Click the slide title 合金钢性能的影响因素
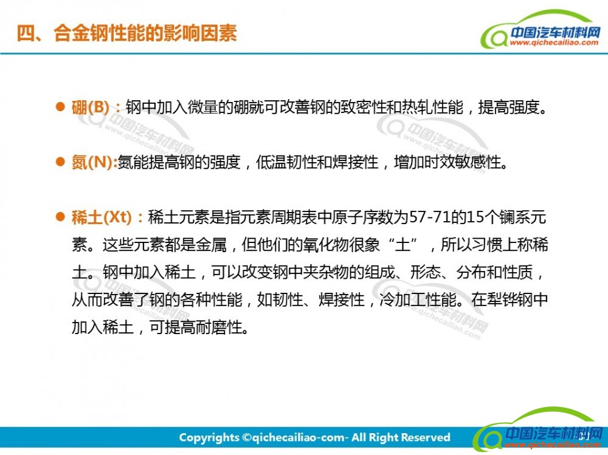pos(145,33)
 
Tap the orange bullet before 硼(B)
pos(60,106)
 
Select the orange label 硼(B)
pos(91,107)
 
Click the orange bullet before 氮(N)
pos(60,162)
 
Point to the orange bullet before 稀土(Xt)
pos(60,217)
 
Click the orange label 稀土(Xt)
pos(102,217)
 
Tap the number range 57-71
pos(429,217)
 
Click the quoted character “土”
pos(403,245)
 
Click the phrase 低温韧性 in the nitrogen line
pos(286,162)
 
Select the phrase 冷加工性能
pos(418,299)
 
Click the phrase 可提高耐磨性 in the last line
pos(196,327)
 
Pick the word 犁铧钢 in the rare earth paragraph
pos(510,299)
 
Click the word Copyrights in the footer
pos(209,437)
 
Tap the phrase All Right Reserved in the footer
pos(401,437)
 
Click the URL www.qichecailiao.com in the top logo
pos(554,43)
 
